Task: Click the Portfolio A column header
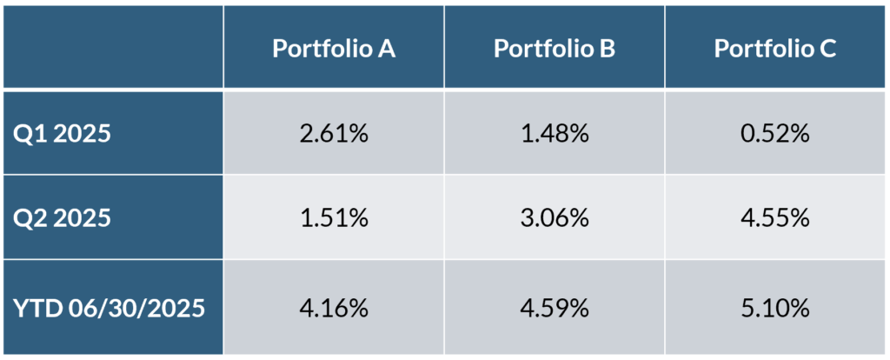pyautogui.click(x=334, y=49)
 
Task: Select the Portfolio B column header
pyautogui.click(x=555, y=49)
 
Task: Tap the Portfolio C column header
pyautogui.click(x=775, y=49)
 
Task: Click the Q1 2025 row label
pyautogui.click(x=62, y=134)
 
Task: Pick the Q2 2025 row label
pyautogui.click(x=62, y=217)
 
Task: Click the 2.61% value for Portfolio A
pyautogui.click(x=335, y=134)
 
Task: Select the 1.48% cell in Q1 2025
pyautogui.click(x=555, y=134)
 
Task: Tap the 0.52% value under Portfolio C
pyautogui.click(x=776, y=134)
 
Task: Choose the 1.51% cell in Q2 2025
pyautogui.click(x=335, y=217)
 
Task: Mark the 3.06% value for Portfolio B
pyautogui.click(x=555, y=217)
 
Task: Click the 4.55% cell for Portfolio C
pyautogui.click(x=776, y=217)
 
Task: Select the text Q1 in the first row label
pyautogui.click(x=27, y=134)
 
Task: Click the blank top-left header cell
pyautogui.click(x=113, y=47)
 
